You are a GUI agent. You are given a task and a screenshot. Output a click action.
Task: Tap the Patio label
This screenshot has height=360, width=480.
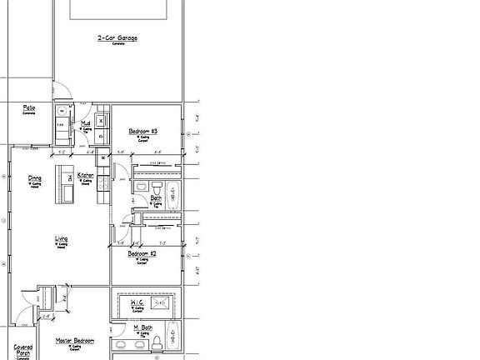coord(28,108)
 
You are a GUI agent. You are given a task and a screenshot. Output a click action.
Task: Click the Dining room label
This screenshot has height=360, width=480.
coord(35,177)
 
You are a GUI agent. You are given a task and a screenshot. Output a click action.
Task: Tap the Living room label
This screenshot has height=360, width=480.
coord(61,239)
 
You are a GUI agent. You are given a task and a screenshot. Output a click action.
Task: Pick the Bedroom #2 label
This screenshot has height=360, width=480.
coord(143,253)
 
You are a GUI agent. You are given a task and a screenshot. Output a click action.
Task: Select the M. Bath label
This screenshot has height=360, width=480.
coord(142,327)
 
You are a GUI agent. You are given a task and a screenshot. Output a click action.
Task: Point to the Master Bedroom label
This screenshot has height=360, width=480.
coord(75,341)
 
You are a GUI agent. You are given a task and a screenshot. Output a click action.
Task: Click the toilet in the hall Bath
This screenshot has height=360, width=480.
coord(141,185)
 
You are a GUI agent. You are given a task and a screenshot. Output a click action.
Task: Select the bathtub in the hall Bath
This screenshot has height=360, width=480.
coord(172,197)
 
